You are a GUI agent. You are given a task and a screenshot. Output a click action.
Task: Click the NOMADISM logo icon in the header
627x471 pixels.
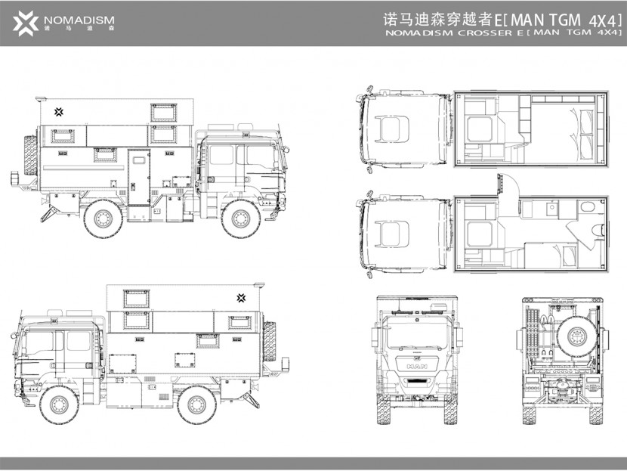(25, 23)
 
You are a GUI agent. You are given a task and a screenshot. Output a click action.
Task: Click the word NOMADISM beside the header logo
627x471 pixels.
(79, 20)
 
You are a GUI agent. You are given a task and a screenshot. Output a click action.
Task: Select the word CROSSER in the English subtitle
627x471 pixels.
(485, 33)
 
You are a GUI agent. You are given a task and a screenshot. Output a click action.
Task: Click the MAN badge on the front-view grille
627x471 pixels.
(417, 366)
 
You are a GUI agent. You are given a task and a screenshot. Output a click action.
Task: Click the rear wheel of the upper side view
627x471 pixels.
(103, 218)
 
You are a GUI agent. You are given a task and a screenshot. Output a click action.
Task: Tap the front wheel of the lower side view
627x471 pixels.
(59, 404)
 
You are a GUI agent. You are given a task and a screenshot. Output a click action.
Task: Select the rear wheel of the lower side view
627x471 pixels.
(196, 404)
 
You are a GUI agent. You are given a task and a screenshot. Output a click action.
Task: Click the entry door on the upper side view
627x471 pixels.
(139, 177)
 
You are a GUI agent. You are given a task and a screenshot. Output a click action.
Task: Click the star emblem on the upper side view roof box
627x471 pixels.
(59, 112)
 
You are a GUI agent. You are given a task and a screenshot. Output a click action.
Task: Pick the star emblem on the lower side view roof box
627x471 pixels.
(241, 298)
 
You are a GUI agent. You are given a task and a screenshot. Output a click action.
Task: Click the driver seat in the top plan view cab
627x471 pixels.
(393, 129)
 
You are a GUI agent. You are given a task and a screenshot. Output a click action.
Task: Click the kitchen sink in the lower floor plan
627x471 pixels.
(553, 207)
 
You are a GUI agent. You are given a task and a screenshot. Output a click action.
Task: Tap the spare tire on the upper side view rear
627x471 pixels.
(31, 155)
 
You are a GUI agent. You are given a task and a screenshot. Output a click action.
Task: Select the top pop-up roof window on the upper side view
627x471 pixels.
(163, 113)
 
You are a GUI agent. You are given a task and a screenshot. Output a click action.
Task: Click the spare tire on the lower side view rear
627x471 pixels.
(270, 341)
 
